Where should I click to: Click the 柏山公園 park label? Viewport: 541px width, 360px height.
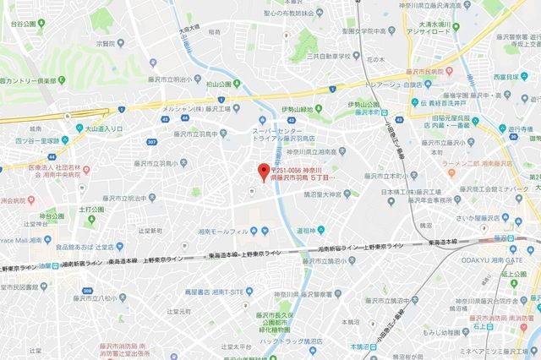click(x=218, y=85)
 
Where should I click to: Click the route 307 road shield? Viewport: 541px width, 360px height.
click(x=153, y=141)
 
